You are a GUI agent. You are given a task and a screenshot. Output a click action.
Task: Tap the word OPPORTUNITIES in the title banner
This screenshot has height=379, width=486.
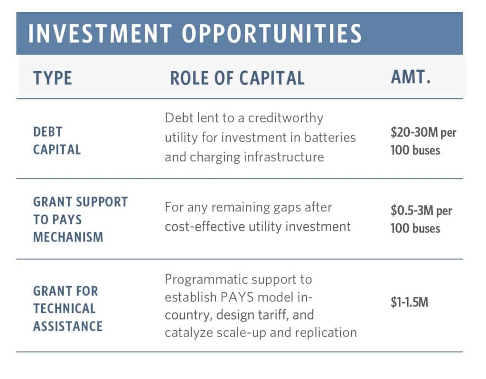point(272,33)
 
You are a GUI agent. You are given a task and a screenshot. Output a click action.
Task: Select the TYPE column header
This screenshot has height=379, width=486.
point(53,78)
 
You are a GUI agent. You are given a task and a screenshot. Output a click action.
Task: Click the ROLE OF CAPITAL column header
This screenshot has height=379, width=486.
point(237,78)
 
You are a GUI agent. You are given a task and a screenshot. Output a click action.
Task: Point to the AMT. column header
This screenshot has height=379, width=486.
point(411,77)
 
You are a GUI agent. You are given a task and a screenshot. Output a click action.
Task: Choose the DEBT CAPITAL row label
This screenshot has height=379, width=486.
point(57,141)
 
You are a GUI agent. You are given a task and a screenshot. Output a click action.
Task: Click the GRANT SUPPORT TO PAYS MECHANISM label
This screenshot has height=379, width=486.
point(80,220)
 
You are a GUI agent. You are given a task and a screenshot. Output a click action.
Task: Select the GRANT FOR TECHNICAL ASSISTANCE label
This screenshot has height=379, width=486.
point(67,309)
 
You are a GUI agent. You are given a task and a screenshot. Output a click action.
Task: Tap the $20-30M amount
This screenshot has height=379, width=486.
point(414,132)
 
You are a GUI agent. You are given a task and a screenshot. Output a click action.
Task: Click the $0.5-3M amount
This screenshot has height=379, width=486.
point(412,211)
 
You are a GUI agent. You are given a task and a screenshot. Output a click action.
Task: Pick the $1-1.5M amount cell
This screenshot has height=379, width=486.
point(410,302)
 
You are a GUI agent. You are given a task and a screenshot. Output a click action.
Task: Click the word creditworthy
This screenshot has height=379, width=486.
point(285,118)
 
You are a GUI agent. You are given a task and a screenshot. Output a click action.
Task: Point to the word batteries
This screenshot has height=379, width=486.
point(330,137)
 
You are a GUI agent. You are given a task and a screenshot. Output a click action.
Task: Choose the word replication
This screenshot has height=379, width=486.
point(326,333)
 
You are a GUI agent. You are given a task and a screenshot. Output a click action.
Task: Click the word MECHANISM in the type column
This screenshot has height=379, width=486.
point(68,237)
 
